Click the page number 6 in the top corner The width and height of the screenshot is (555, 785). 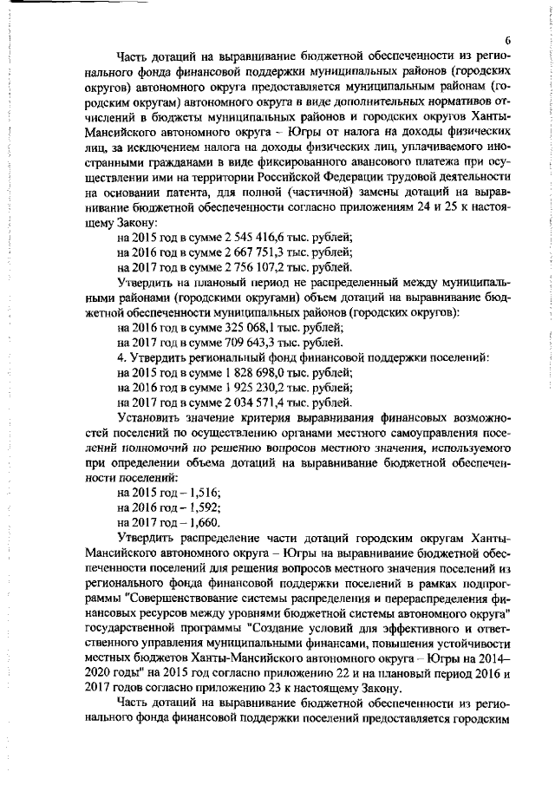click(509, 41)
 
